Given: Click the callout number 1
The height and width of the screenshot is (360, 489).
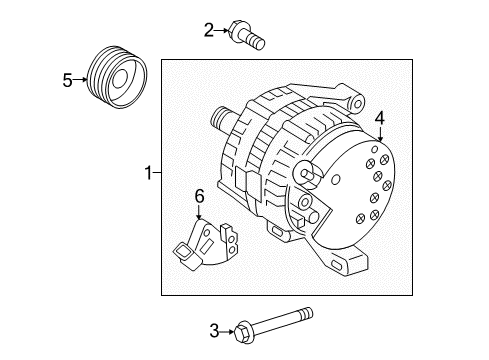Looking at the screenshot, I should pyautogui.click(x=148, y=174).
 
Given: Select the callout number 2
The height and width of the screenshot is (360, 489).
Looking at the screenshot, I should pyautogui.click(x=208, y=31).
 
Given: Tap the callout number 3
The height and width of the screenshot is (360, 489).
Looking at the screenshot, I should pyautogui.click(x=212, y=329).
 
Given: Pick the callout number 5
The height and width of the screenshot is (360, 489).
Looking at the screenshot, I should pyautogui.click(x=67, y=81).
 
